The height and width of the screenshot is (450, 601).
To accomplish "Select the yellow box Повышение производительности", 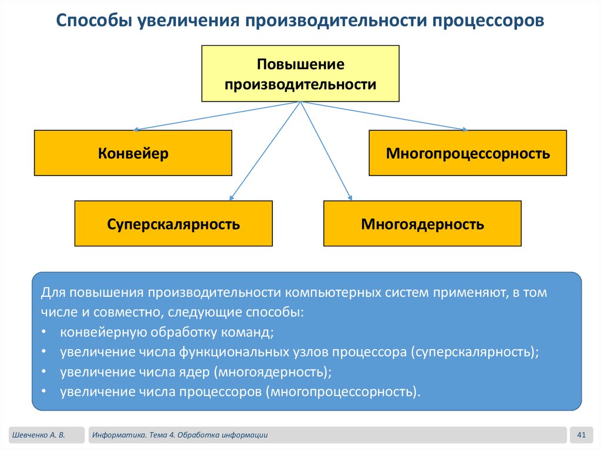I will (x=300, y=74).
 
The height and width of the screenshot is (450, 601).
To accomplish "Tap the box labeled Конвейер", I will (x=133, y=153).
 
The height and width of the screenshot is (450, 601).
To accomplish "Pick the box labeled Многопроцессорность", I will (x=468, y=153).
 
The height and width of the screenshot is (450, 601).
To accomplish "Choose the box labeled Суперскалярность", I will (x=173, y=224).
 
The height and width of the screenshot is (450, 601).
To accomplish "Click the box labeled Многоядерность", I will (x=423, y=224).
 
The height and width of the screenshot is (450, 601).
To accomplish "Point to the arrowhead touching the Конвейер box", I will (x=136, y=129).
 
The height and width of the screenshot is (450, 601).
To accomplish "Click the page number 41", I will (x=582, y=435).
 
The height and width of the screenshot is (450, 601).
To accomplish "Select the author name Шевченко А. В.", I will (x=37, y=435).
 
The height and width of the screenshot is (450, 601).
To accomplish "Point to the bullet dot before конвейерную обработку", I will (x=45, y=333).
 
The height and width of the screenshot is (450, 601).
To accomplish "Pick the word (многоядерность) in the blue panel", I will (x=273, y=371).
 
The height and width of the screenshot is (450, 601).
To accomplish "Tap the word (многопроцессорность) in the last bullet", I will (x=343, y=391).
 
